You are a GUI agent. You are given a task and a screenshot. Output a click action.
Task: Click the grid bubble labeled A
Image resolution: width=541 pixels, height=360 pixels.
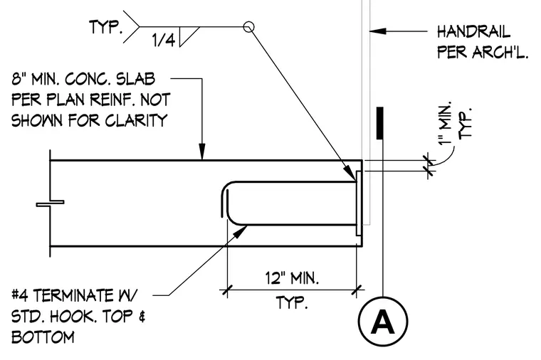pyautogui.click(x=383, y=321)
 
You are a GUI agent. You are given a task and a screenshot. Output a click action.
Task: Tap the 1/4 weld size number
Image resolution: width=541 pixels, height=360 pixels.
pyautogui.click(x=164, y=41)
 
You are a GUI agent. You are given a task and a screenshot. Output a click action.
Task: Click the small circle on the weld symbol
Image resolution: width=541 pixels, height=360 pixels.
pyautogui.click(x=248, y=26)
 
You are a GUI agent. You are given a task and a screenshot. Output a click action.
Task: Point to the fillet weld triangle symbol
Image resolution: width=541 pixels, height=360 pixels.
pyautogui.click(x=189, y=36)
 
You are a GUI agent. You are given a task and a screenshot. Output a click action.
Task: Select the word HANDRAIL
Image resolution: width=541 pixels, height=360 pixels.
pyautogui.click(x=473, y=32)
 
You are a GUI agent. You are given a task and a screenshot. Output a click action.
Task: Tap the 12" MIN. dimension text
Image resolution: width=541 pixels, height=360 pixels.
pyautogui.click(x=292, y=278)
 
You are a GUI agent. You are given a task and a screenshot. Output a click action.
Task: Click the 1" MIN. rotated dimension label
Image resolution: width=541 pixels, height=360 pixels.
pyautogui.click(x=446, y=124)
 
